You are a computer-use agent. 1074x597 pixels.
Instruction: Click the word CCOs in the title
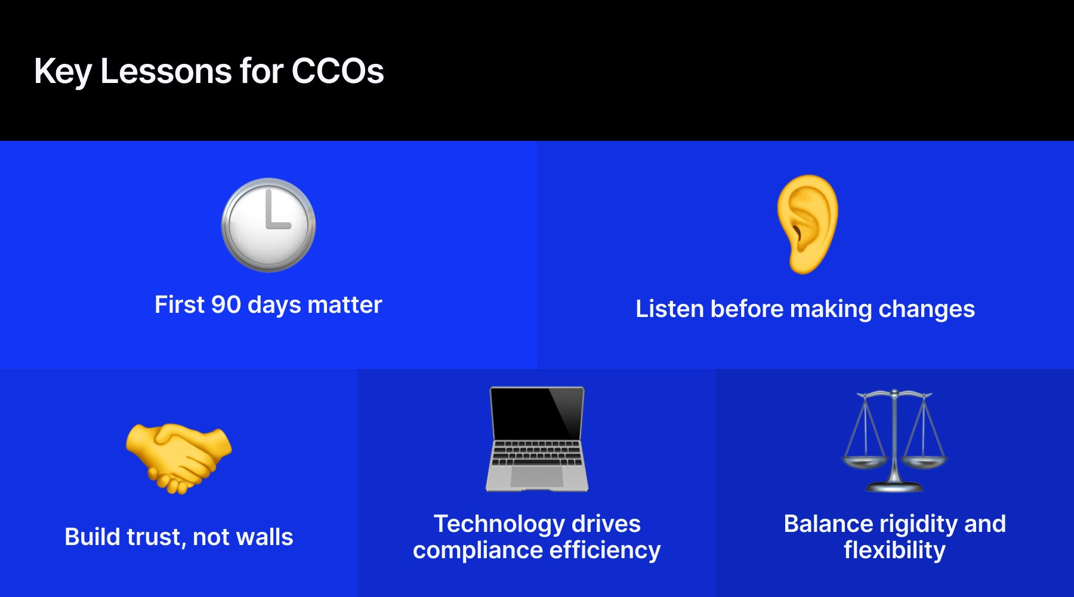[337, 72]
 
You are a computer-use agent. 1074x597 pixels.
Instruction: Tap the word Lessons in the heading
[166, 72]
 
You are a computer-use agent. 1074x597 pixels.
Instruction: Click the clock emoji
[268, 225]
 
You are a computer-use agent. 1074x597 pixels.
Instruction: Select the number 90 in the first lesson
[226, 304]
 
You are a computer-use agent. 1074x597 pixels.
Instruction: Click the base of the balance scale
[894, 487]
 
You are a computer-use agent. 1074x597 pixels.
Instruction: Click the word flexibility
[894, 550]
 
